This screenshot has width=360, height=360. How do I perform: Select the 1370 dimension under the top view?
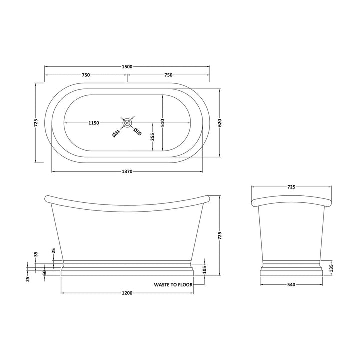point(127,172)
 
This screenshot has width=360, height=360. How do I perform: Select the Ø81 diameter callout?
point(116,132)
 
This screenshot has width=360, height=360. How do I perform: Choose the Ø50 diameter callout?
point(137,132)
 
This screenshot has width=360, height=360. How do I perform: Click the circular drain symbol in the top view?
point(127,122)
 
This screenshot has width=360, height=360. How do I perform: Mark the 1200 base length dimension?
point(126,293)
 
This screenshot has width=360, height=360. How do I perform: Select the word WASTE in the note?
point(163,284)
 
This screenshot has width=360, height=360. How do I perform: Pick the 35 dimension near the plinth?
point(36,254)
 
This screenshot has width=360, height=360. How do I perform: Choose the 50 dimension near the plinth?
point(45,272)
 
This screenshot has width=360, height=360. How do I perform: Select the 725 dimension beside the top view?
point(36,123)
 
